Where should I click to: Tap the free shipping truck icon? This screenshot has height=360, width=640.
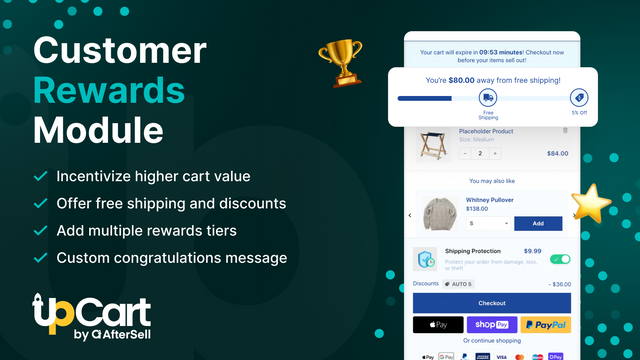tap(487, 97)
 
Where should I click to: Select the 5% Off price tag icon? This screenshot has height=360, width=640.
tap(578, 97)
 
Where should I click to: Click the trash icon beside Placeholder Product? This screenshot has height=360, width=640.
tap(566, 131)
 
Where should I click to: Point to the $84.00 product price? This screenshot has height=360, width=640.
tap(557, 153)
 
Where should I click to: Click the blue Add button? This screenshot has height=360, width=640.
tap(537, 223)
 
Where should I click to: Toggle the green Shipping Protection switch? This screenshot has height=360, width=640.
tap(560, 259)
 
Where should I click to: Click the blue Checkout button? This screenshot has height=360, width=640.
tap(491, 302)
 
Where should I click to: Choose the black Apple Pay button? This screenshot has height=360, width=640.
tap(437, 325)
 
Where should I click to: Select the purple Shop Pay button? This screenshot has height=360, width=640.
tap(491, 325)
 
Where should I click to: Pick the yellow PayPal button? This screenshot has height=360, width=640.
tap(545, 325)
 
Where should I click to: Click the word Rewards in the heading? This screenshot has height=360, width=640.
tap(107, 90)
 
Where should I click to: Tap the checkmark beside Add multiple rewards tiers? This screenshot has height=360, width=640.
tap(41, 231)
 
